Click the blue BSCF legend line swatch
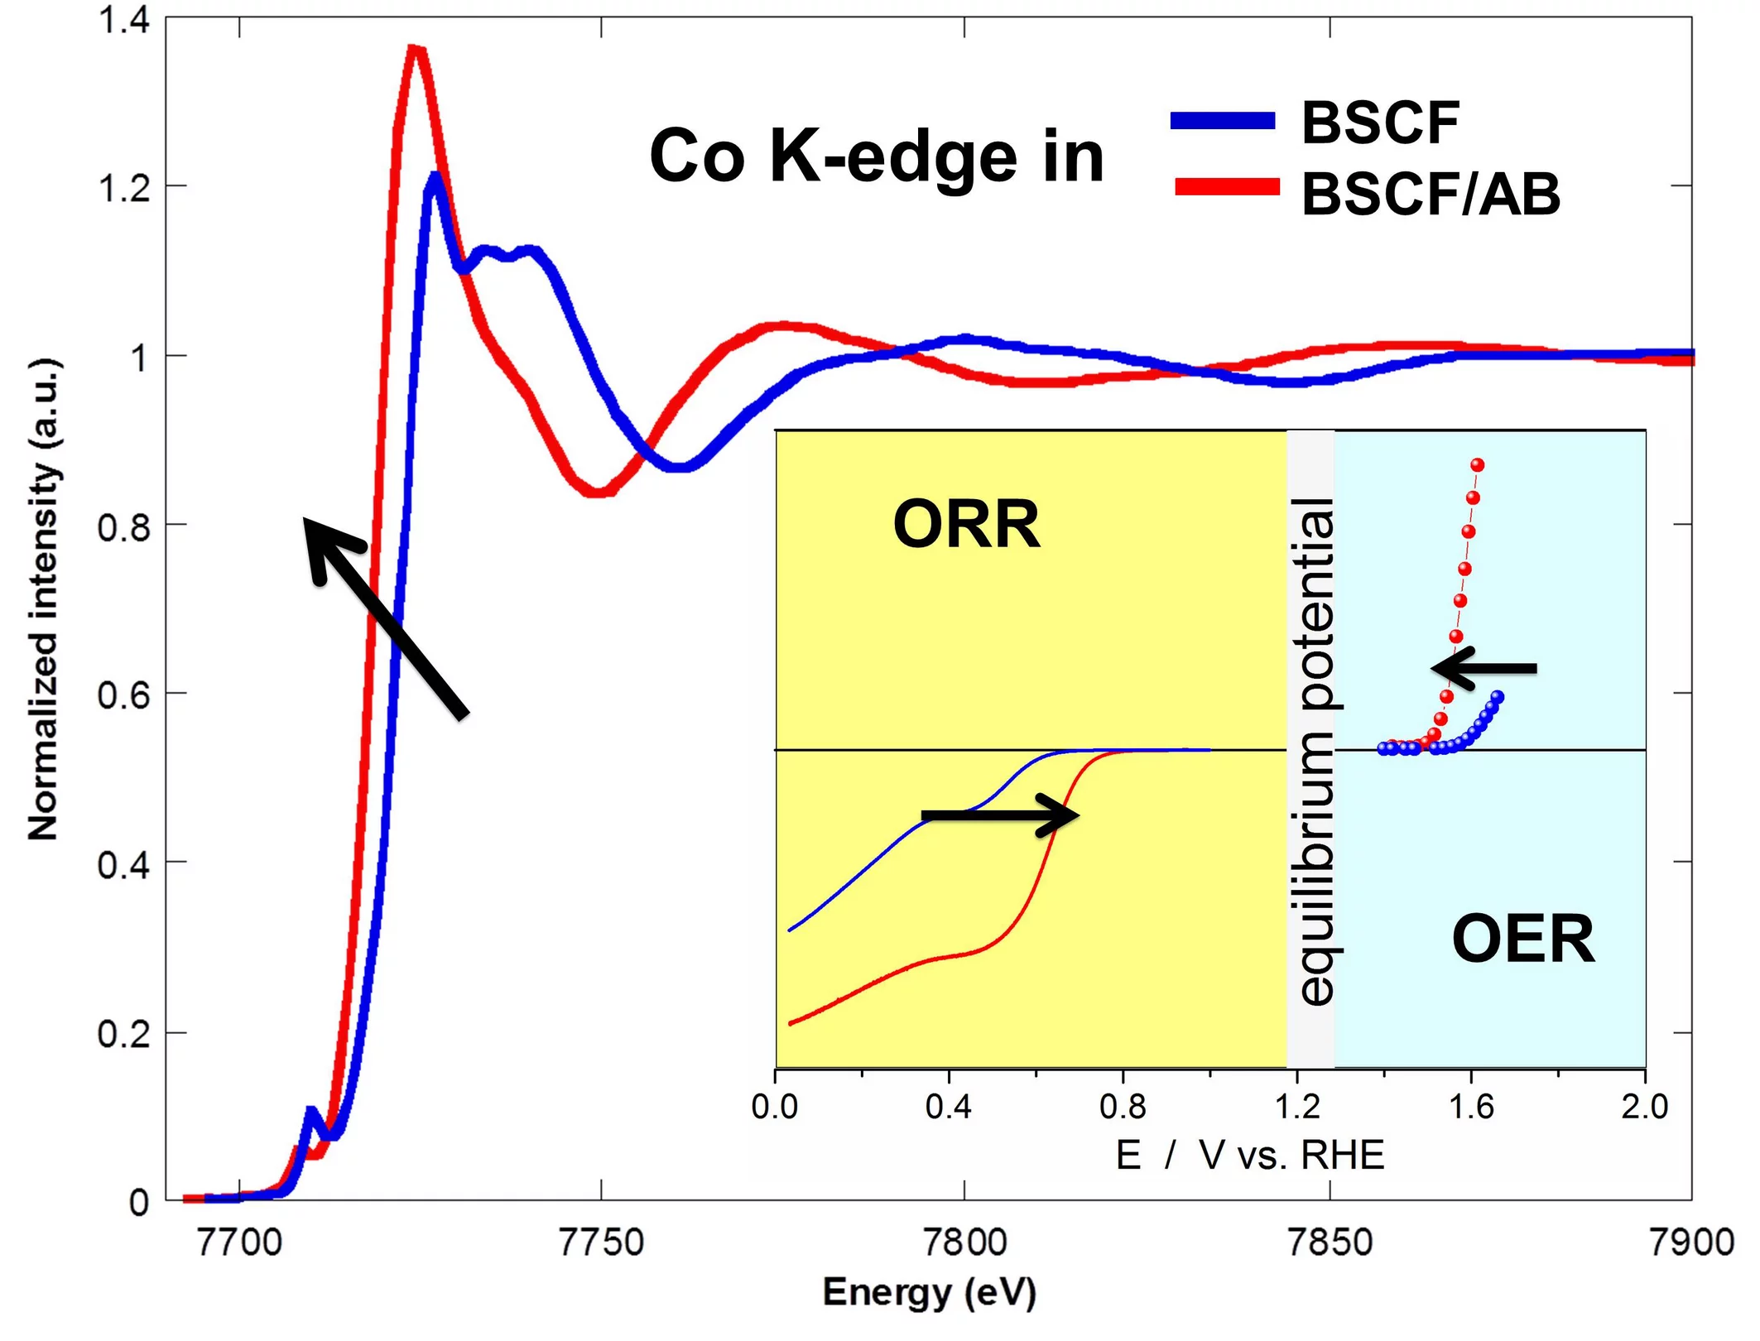coord(1222,121)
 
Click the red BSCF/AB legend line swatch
coord(1227,187)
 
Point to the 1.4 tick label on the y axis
coord(124,20)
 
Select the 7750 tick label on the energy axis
coord(601,1243)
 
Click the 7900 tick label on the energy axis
coord(1690,1243)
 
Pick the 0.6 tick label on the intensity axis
coord(124,694)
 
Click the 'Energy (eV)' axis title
coord(929,1292)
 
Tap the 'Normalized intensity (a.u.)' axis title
coord(45,599)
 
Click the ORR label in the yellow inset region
coord(966,524)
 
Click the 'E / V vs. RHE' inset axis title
coord(1249,1155)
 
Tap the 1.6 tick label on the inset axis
coord(1471,1107)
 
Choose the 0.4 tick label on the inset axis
coord(949,1107)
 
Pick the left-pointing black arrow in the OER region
coord(1483,668)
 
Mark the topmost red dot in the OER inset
coord(1478,465)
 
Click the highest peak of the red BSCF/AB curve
coord(416,51)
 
